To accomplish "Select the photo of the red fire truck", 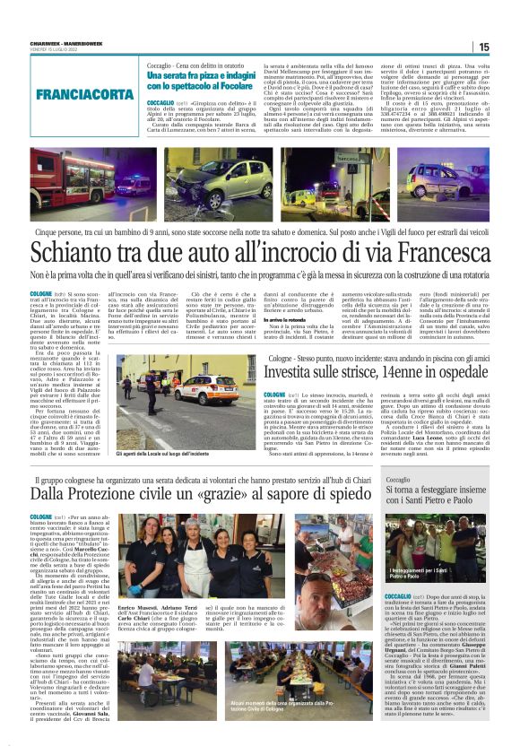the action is (90, 185).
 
